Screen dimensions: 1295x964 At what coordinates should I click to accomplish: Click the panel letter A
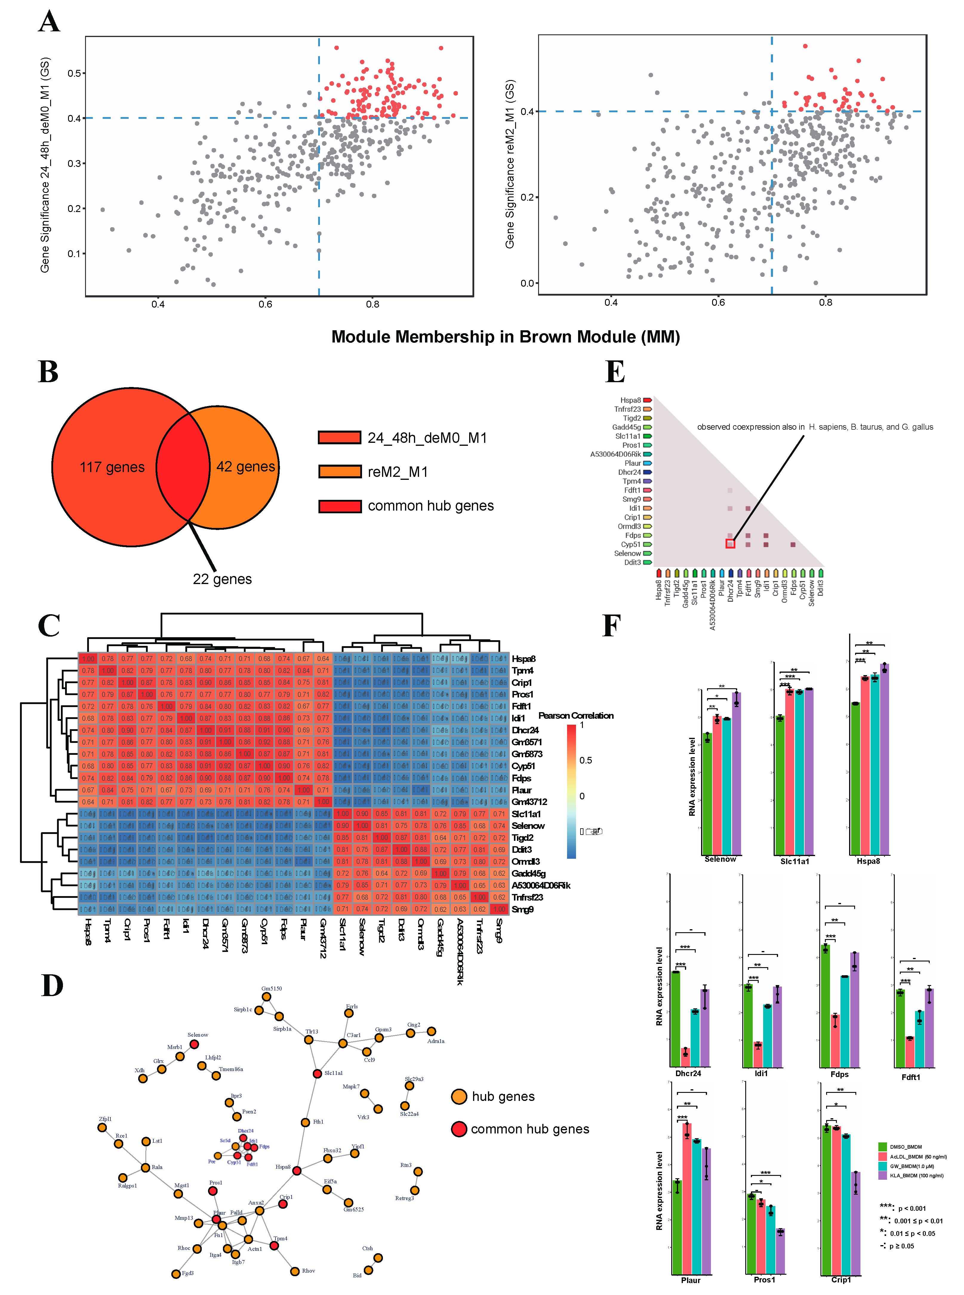pyautogui.click(x=49, y=22)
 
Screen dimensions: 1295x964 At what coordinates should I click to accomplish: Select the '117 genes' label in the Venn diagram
pyautogui.click(x=112, y=467)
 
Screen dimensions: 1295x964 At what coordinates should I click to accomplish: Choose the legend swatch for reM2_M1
pyautogui.click(x=340, y=472)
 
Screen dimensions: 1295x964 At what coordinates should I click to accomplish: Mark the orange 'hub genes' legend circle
pyautogui.click(x=459, y=1096)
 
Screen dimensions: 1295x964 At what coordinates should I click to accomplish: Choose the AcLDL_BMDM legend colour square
pyautogui.click(x=882, y=1156)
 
